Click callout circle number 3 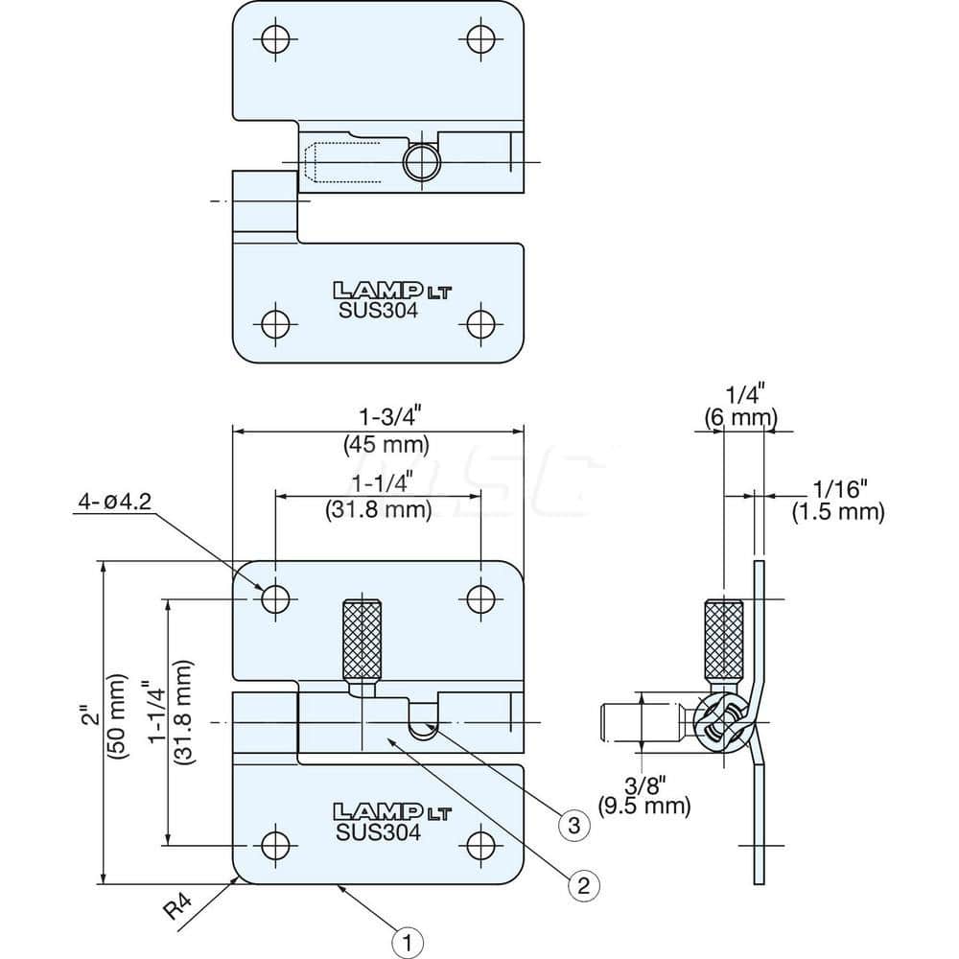tap(573, 825)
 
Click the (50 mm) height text tap(118, 719)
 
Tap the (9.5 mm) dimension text tap(643, 806)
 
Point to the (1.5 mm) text tap(837, 512)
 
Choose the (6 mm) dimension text tap(740, 418)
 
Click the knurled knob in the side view tap(723, 638)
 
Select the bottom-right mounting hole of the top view tap(480, 321)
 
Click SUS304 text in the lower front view tap(378, 832)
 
